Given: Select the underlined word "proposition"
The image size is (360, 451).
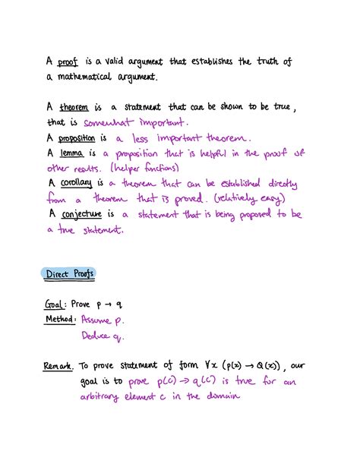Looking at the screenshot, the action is point(84,138).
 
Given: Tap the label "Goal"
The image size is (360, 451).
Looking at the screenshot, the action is point(58,304).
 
